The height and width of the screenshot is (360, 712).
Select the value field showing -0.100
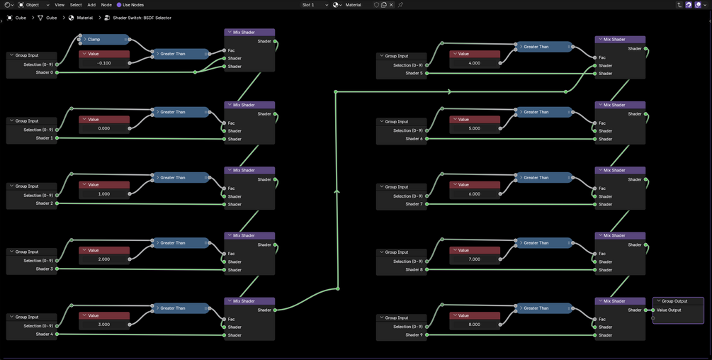(104, 63)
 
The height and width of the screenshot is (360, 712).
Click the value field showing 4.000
(474, 63)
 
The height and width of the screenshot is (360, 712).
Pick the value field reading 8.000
(474, 325)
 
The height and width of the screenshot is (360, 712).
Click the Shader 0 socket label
(44, 72)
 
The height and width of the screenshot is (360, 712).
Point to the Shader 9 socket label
(413, 335)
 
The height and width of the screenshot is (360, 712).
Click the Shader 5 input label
(413, 73)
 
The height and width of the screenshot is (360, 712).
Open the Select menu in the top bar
(76, 5)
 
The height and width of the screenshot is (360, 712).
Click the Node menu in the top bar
(106, 5)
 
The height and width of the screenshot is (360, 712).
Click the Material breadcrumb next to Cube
(84, 18)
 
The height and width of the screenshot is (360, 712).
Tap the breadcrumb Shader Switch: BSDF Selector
(142, 18)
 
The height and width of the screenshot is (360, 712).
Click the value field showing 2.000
(104, 259)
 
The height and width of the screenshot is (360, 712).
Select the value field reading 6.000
(474, 193)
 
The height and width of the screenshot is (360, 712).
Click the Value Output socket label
(669, 310)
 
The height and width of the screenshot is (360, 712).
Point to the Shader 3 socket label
(44, 269)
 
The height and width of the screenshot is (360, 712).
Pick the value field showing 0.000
(104, 128)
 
